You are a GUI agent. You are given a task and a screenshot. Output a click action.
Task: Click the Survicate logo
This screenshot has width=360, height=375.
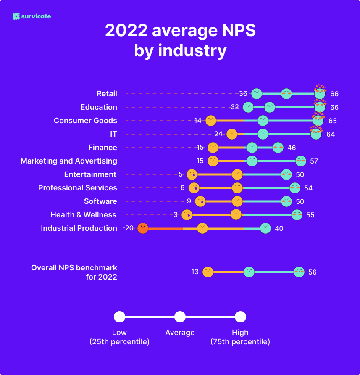[x=32, y=16]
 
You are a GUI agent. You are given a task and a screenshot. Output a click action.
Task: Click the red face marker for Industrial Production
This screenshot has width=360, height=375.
[x=143, y=228]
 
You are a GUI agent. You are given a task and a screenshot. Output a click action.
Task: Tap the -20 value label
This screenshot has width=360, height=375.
[x=128, y=228]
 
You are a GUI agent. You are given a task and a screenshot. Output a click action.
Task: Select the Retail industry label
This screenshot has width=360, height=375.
[x=107, y=94]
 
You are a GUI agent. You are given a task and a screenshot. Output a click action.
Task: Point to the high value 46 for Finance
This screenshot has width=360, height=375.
[x=292, y=148]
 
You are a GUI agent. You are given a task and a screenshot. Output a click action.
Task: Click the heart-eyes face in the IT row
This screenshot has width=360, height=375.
[x=316, y=134]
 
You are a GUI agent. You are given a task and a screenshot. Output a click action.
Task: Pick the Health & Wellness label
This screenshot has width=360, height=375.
[x=83, y=215]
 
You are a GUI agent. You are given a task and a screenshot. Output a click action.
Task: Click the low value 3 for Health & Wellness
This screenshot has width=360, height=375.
[x=176, y=215]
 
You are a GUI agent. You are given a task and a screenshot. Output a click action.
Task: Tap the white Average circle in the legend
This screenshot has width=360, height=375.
[x=180, y=317]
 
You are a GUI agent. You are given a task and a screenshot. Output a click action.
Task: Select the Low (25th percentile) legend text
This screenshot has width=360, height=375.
[x=119, y=337]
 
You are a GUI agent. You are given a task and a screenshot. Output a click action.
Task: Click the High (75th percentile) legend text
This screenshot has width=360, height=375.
[x=240, y=337]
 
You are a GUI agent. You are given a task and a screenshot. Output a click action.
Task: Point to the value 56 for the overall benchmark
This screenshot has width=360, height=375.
[x=312, y=272]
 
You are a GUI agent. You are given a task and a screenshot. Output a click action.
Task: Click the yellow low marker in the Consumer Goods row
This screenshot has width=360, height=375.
[x=211, y=121]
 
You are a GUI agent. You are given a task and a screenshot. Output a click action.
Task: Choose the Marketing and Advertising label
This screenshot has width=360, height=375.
[x=69, y=161]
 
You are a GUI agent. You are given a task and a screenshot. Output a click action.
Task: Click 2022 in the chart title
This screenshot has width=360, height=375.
[x=126, y=31]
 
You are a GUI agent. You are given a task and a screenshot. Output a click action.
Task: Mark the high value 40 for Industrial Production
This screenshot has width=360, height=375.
[x=279, y=228]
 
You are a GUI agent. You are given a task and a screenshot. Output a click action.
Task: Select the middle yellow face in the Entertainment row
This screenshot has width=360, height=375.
[x=237, y=174]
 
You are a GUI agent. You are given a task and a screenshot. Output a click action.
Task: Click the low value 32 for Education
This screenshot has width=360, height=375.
[x=235, y=107]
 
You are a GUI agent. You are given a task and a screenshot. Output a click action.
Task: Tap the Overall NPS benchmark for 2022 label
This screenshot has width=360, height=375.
[x=74, y=272]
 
